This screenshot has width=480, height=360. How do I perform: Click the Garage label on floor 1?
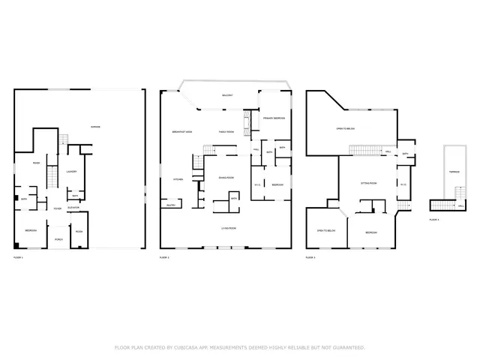click(95, 127)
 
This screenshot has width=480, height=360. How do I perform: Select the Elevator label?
click(74, 207)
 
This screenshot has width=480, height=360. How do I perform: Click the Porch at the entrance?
click(58, 239)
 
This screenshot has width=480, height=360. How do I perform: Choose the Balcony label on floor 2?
click(226, 95)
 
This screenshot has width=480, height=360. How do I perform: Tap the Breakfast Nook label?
click(183, 131)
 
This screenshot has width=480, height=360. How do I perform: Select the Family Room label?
click(226, 131)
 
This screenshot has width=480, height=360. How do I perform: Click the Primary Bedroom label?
click(273, 118)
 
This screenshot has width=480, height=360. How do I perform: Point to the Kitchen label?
click(179, 179)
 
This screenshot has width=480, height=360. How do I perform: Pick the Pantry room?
click(169, 204)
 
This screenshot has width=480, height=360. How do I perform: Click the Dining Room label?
click(226, 178)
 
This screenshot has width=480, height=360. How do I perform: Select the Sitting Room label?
click(368, 183)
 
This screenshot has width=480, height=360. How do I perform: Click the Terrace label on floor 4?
click(454, 172)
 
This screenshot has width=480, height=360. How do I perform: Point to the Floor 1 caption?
click(18, 257)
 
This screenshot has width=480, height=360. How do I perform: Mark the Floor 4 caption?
click(434, 220)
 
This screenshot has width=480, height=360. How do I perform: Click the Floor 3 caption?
click(310, 257)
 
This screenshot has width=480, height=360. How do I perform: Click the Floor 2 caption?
click(163, 257)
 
